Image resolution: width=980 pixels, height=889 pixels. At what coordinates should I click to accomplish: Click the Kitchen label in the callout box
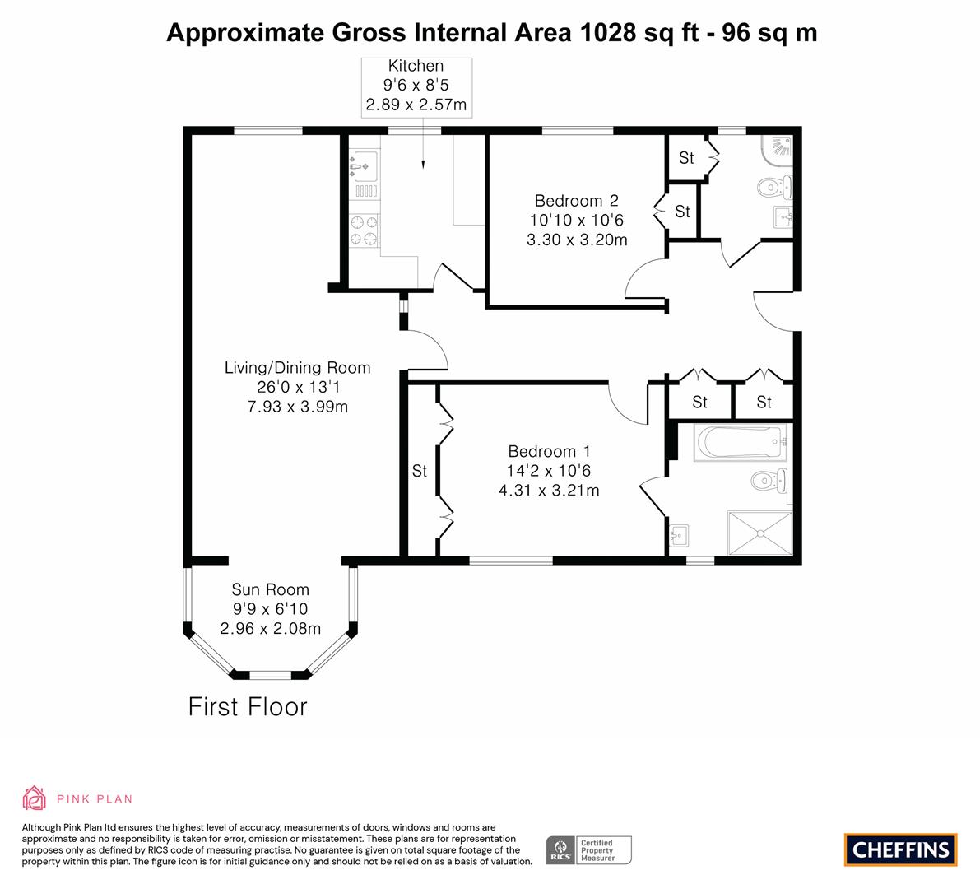coord(416,66)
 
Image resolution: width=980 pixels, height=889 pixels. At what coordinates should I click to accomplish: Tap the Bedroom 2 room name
coord(576,201)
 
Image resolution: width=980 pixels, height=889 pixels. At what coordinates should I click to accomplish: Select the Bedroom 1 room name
coord(550,451)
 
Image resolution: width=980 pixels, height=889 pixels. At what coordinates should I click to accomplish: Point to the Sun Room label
coord(270,589)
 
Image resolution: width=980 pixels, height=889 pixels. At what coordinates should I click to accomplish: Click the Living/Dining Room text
coord(298,368)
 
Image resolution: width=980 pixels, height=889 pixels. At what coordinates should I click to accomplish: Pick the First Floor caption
coord(248,707)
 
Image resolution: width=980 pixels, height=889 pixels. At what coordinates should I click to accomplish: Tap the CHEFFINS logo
coord(901,849)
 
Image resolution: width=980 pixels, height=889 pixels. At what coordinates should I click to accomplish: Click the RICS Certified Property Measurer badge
coord(589,850)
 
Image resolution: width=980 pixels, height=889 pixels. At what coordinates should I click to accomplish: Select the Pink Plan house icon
coord(34,798)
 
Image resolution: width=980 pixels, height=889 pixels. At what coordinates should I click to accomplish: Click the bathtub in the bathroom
coord(740,442)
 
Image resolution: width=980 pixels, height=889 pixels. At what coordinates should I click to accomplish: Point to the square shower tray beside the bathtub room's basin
coord(760,533)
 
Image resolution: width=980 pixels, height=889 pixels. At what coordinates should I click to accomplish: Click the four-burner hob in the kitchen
coord(364,230)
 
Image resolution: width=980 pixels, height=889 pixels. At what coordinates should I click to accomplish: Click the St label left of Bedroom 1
coord(420,471)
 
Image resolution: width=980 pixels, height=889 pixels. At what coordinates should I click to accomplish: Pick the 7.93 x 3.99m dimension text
coord(298,407)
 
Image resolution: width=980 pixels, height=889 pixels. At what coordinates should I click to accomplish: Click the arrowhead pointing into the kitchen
coord(423,165)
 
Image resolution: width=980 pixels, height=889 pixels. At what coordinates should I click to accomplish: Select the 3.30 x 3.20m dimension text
coord(577,240)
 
